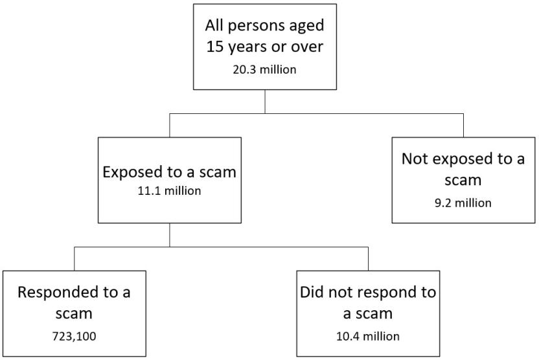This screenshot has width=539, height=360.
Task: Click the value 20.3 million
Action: coord(264,69)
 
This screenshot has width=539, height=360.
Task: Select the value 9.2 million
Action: coord(463,203)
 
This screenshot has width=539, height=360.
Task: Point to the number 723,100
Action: coord(74,336)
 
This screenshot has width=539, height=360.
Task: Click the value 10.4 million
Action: coord(368,336)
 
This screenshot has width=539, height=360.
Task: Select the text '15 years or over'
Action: coord(264,48)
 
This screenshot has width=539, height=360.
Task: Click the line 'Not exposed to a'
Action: coord(463,160)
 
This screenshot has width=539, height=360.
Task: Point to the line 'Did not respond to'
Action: coord(368,292)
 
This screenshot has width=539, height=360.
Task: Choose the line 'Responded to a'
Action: coord(74,292)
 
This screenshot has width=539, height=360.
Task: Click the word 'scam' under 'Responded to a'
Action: coord(74,313)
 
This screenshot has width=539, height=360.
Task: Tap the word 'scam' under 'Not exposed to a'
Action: coord(463,181)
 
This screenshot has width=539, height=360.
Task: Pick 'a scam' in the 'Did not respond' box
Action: coord(368,313)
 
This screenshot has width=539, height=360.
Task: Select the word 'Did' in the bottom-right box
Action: coord(313,292)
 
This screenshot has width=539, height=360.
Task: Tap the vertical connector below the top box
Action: coord(264,102)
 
